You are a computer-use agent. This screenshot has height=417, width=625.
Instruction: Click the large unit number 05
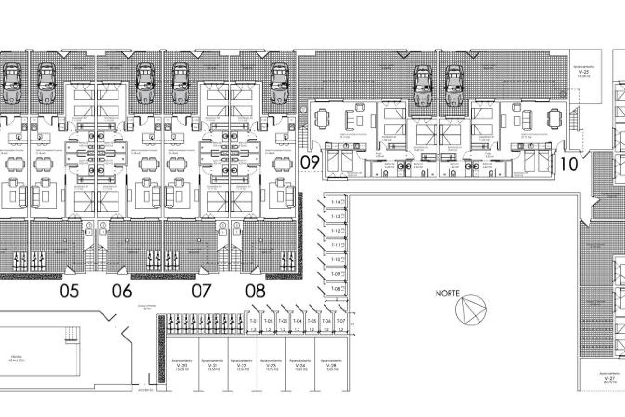click(x=69, y=291)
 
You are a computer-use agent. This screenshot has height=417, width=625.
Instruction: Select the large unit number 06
click(x=122, y=291)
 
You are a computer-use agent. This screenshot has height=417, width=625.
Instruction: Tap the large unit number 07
click(x=201, y=291)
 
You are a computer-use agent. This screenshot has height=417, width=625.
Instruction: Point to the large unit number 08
click(x=256, y=291)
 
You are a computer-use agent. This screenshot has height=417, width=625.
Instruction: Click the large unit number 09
click(x=310, y=163)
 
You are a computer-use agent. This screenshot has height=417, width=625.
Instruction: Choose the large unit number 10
click(x=569, y=164)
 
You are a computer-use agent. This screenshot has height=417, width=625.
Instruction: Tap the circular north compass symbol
click(x=471, y=310)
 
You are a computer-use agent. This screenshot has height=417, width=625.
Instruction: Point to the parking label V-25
click(x=585, y=71)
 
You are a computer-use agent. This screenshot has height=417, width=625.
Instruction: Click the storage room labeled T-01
click(x=254, y=321)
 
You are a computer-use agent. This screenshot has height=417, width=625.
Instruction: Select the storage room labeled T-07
click(x=340, y=321)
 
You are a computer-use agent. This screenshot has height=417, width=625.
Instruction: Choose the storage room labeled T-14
click(x=336, y=202)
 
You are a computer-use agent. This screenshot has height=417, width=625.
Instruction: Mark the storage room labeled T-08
click(x=336, y=289)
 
